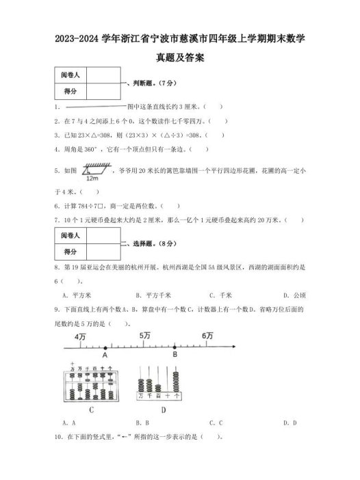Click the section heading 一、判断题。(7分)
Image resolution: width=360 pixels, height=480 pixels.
(x=145, y=83)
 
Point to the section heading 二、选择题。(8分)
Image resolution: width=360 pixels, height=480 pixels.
(x=145, y=243)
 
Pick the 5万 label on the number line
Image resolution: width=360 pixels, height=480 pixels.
(x=145, y=336)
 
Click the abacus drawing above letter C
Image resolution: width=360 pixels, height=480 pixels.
(x=92, y=384)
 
